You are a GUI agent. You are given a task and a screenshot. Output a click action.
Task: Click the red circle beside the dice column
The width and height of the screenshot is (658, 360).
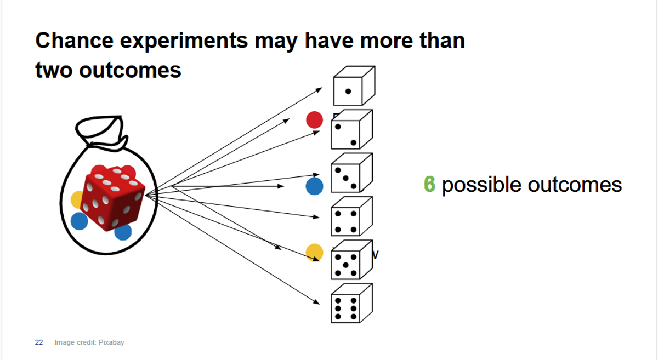coord(314,120)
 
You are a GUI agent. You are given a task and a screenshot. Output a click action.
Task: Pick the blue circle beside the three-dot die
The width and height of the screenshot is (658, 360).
coord(314,186)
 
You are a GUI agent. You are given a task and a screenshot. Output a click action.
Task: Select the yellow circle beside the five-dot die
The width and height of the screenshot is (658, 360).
coord(314,252)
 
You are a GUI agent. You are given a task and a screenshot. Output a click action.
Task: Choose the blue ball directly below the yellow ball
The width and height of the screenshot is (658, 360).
coord(79,221)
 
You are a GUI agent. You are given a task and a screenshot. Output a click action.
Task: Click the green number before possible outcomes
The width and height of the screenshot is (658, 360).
coord(429,185)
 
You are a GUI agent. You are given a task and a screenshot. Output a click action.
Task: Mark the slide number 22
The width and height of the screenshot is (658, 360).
coord(39,342)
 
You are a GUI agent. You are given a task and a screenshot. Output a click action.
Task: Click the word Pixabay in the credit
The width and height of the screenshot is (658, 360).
coord(112,342)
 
